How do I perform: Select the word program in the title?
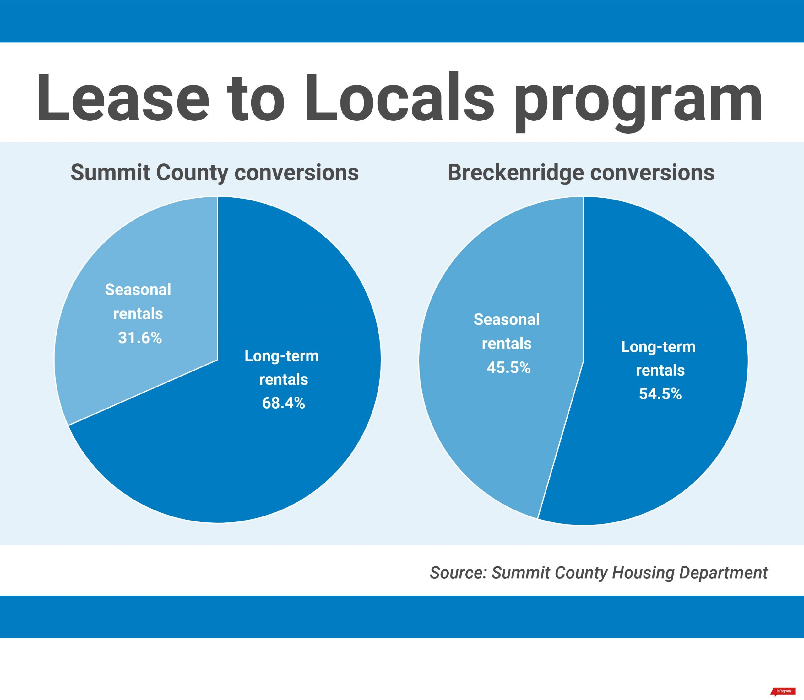[638, 101]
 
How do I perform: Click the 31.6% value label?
[140, 338]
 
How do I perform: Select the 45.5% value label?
[508, 368]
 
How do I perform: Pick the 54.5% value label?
[660, 394]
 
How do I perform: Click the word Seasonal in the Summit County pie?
[138, 290]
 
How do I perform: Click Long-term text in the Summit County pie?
[281, 356]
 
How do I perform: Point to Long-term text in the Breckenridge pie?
[658, 347]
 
